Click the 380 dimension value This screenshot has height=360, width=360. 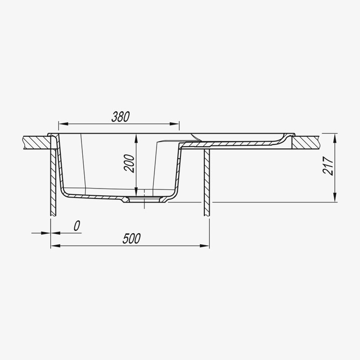pos(121,117)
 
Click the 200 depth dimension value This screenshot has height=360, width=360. pos(129,163)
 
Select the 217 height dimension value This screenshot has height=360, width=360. pos(328,166)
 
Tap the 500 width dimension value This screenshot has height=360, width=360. pos(131,238)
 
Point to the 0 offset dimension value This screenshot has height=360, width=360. pos(77,226)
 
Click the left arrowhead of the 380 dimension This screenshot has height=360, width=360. pos(63,124)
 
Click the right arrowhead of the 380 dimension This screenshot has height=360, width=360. pos(174,124)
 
